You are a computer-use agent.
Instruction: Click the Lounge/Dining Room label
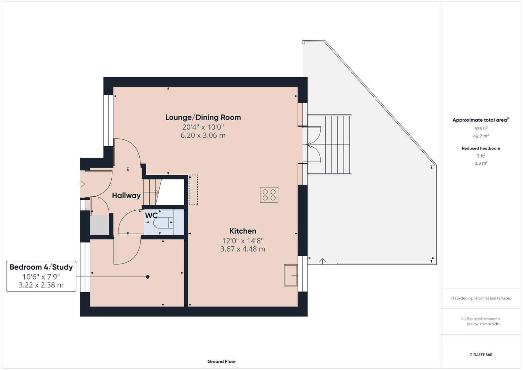203,118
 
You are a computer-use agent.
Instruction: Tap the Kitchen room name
242,231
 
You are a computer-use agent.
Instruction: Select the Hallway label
126,196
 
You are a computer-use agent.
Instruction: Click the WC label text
151,215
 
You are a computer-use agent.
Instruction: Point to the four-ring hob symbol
269,195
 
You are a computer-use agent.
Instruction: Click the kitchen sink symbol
291,275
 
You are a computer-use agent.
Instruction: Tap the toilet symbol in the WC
163,223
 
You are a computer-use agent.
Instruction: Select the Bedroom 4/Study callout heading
41,267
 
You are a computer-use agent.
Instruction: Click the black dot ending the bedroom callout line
148,277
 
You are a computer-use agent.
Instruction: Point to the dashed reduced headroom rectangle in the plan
193,190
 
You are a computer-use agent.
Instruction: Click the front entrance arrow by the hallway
82,184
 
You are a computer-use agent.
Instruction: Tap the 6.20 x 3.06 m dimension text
203,135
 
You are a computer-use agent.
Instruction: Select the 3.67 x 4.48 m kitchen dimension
242,249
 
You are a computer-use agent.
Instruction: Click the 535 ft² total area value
481,129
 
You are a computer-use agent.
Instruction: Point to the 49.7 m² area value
481,136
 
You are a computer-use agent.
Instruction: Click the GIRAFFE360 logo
481,355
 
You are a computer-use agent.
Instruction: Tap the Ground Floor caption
222,361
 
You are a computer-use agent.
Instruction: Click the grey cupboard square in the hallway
99,225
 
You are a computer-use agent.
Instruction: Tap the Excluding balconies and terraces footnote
481,298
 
